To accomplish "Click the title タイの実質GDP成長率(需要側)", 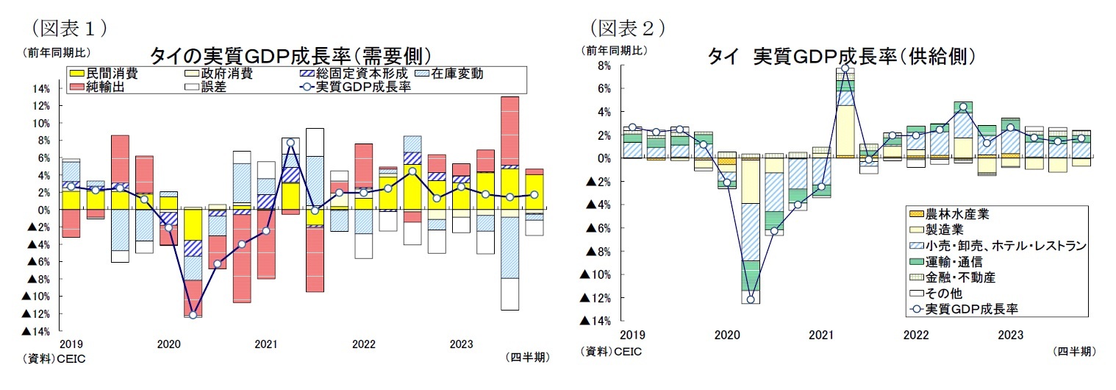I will click(290, 56).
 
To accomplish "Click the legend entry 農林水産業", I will click(962, 214).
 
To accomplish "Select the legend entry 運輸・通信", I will click(956, 261).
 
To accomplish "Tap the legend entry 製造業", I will click(951, 230).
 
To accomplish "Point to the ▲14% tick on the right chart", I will click(596, 321).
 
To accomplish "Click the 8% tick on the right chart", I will click(604, 65).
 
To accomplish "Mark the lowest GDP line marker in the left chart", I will click(193, 315).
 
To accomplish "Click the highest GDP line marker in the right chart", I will click(845, 68).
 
